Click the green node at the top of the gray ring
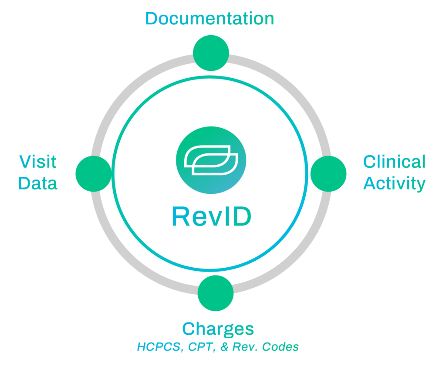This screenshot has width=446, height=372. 211,53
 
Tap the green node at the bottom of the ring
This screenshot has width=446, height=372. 215,293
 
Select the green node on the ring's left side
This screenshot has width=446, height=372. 93,173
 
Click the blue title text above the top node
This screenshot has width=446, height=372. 210,18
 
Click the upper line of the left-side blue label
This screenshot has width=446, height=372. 37,162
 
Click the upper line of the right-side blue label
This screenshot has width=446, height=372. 394,162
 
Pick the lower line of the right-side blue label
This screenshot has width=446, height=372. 394,183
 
